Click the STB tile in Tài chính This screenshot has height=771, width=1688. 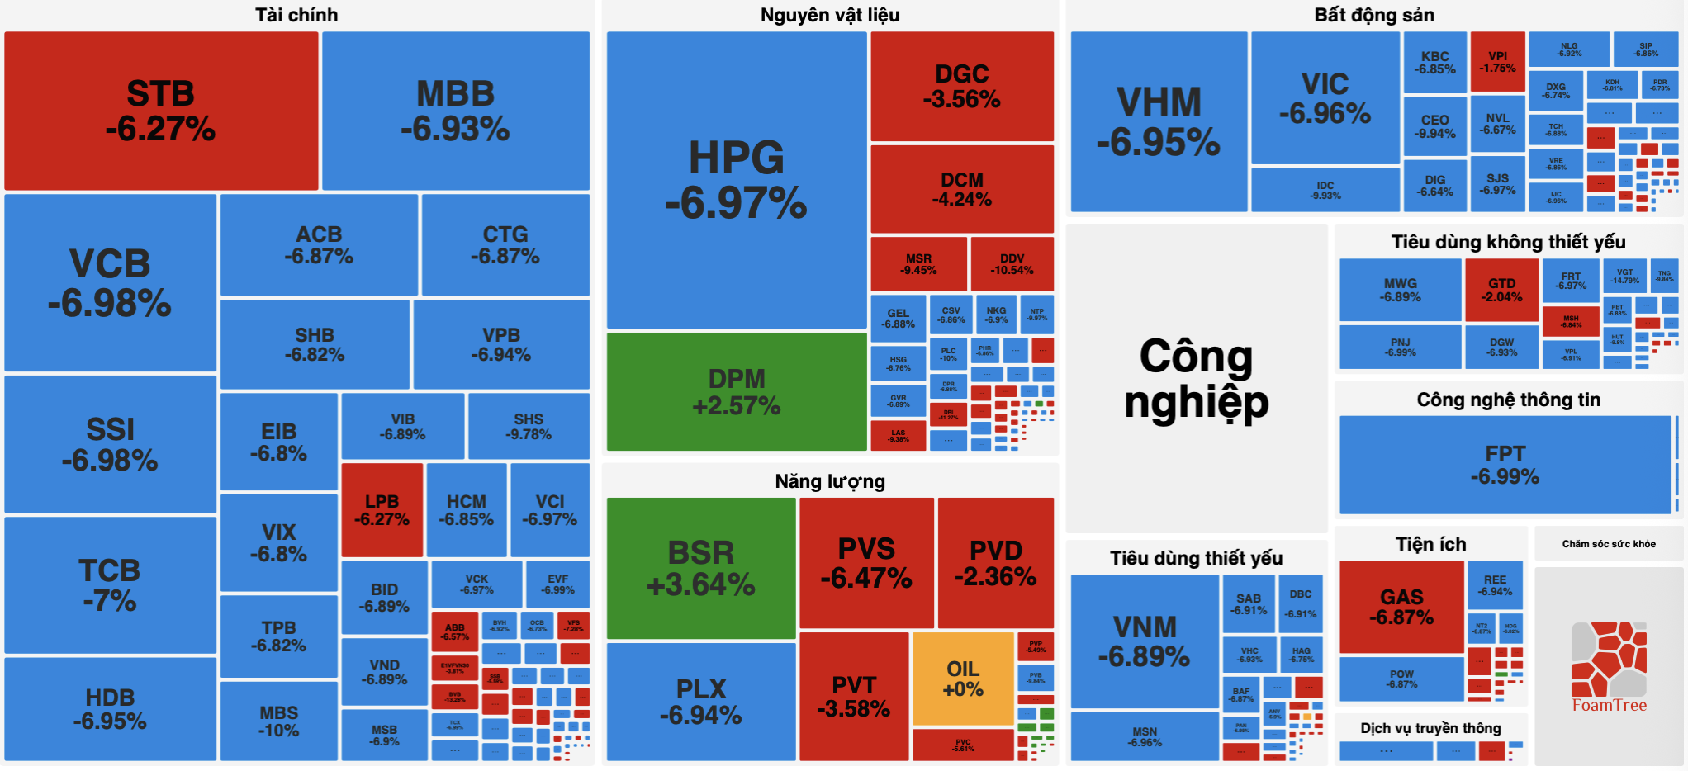161,111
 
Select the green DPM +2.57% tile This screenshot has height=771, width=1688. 736,391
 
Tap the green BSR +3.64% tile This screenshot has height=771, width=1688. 700,568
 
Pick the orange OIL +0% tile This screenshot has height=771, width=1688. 963,679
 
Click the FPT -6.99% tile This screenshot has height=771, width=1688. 1505,465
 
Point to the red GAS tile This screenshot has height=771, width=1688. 1401,607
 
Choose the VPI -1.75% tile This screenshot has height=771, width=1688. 1497,62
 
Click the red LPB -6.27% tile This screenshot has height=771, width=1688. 382,510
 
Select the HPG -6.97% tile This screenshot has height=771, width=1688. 736,180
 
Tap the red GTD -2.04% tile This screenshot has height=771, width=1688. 1501,290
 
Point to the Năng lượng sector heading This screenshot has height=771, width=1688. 829,481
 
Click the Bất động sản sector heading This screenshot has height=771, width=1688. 1374,15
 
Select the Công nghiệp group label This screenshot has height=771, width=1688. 1196,378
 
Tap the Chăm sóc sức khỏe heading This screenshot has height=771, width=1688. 1608,544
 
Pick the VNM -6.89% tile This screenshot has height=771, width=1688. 1144,641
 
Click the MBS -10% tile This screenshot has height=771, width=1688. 278,721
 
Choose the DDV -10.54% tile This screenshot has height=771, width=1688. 1012,264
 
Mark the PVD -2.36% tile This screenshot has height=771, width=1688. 995,563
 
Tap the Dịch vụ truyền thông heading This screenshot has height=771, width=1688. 1430,728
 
